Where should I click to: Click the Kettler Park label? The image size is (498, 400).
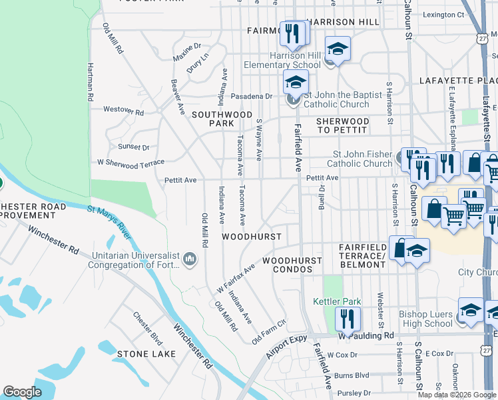click(337, 301)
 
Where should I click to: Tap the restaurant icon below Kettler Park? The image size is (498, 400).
click(348, 319)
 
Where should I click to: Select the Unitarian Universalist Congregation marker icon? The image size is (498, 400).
click(189, 258)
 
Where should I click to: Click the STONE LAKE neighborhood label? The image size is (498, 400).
click(146, 353)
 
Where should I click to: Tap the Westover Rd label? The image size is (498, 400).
click(123, 111)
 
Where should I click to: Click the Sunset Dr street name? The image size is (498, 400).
click(133, 147)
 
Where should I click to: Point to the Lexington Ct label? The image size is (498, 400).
click(443, 14)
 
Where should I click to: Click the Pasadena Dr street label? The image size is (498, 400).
click(252, 96)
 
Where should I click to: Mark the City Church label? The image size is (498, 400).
click(477, 273)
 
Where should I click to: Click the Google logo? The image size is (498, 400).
click(23, 392)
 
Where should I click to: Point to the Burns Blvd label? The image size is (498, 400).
click(352, 375)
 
